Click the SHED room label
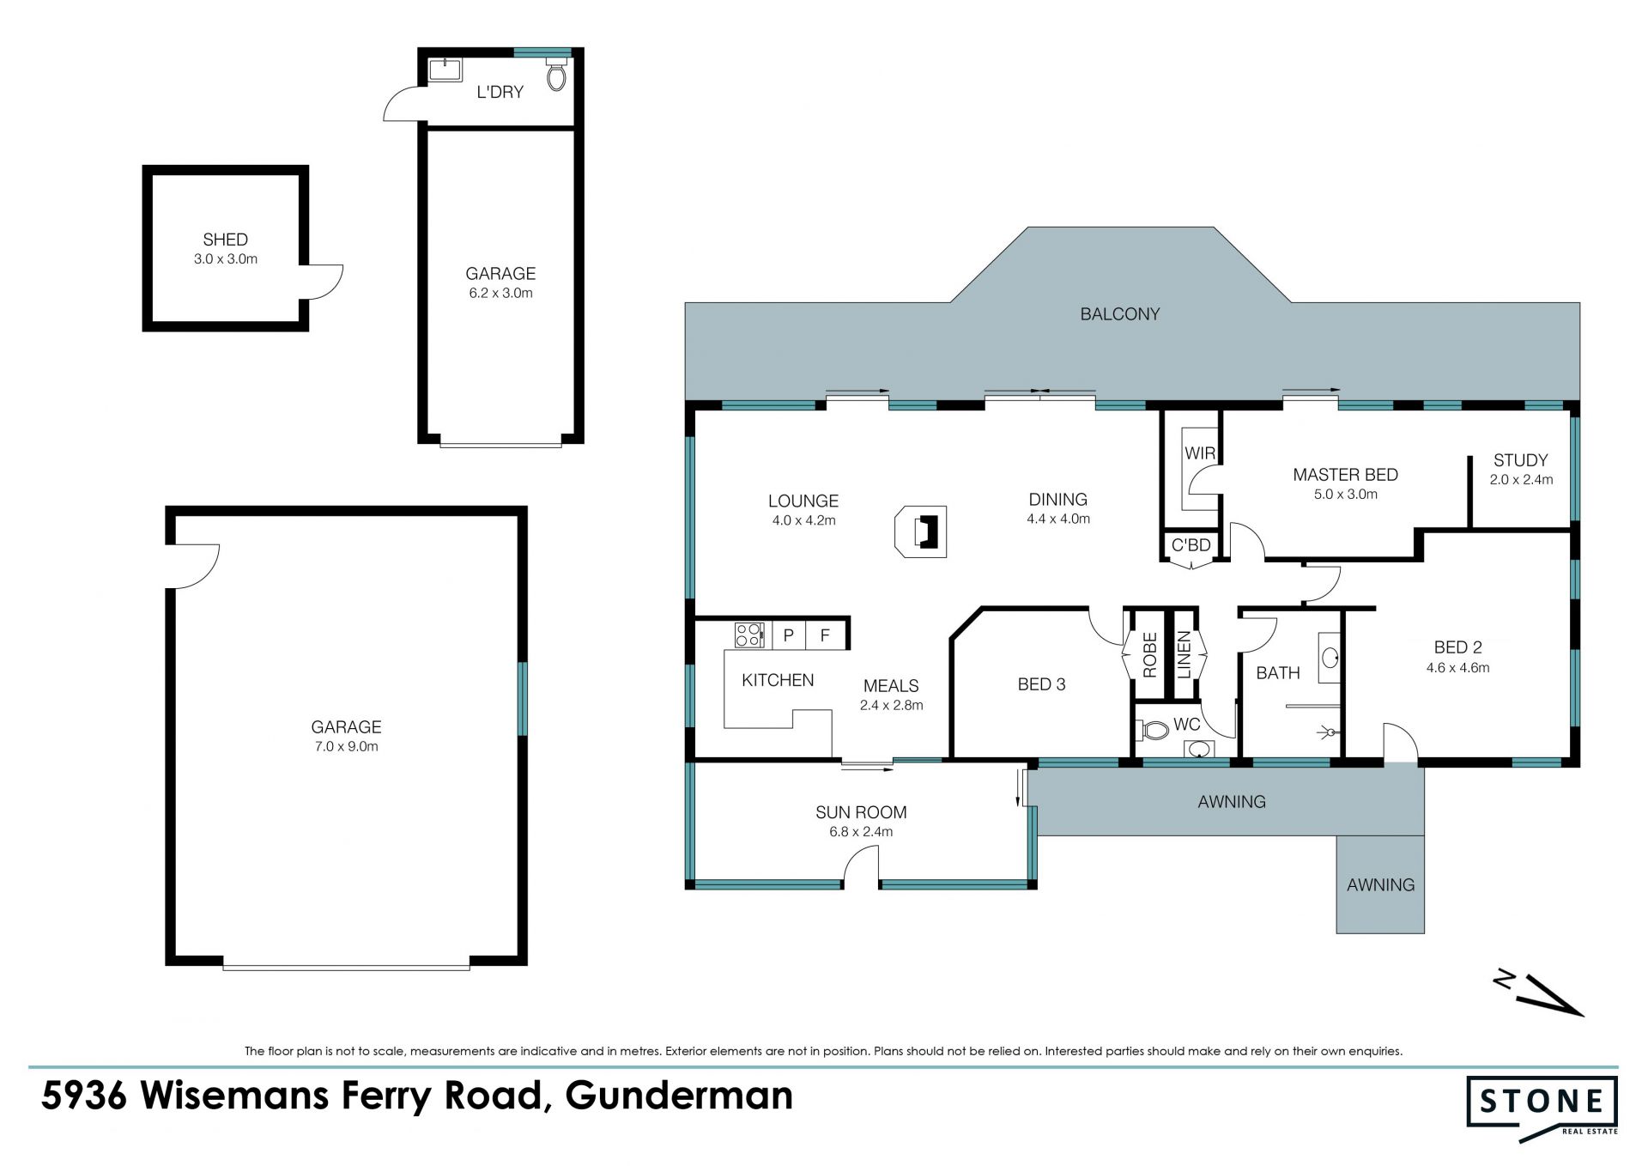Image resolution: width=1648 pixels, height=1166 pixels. pyautogui.click(x=225, y=240)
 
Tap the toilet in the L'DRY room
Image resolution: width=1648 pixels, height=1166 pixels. pyautogui.click(x=556, y=75)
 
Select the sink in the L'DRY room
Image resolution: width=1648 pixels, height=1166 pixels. pyautogui.click(x=444, y=70)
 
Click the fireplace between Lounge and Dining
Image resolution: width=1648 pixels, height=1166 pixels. pyautogui.click(x=921, y=531)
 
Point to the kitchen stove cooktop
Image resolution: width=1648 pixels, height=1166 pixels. pyautogui.click(x=749, y=635)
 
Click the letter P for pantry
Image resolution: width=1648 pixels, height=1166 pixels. pyautogui.click(x=789, y=635)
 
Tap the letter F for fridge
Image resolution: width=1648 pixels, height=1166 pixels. pyautogui.click(x=825, y=635)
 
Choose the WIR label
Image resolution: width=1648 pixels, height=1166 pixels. pyautogui.click(x=1199, y=453)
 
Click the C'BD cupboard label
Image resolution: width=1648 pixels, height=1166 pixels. pyautogui.click(x=1191, y=545)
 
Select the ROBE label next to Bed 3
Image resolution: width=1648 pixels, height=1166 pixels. pyautogui.click(x=1150, y=654)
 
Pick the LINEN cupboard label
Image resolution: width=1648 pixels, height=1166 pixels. pyautogui.click(x=1184, y=654)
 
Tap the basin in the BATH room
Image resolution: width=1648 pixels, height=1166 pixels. pyautogui.click(x=1330, y=659)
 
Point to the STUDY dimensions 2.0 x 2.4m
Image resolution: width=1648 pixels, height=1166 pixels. pyautogui.click(x=1521, y=480)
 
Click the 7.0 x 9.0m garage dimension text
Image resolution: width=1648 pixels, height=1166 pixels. pyautogui.click(x=346, y=746)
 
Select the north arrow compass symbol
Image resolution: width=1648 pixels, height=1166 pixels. pyautogui.click(x=1540, y=993)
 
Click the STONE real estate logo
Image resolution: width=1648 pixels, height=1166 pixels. pyautogui.click(x=1542, y=1108)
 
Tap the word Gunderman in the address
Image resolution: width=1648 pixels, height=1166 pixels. pyautogui.click(x=679, y=1096)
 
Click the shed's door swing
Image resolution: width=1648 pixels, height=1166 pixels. pyautogui.click(x=325, y=282)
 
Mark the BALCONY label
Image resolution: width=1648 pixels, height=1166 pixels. pyautogui.click(x=1119, y=314)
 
